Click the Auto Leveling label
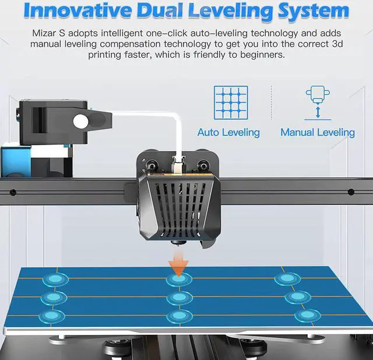tap(228, 132)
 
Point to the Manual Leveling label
tap(318, 132)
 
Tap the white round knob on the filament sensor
tap(80, 121)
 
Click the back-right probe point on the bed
tap(286, 278)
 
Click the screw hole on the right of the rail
tap(351, 192)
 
